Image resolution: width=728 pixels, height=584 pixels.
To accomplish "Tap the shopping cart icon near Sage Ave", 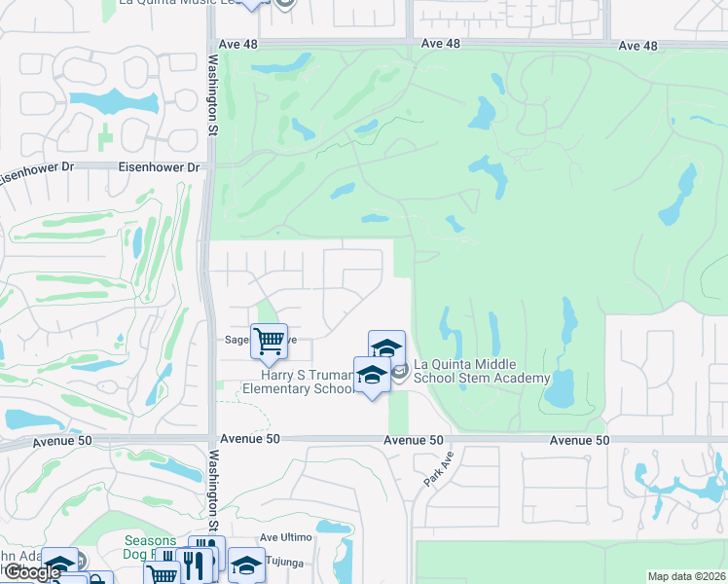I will pyautogui.click(x=269, y=341).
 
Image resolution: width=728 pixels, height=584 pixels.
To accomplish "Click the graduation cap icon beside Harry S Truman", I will pyautogui.click(x=373, y=375).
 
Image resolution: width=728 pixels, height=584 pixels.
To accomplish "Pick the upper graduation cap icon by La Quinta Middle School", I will pyautogui.click(x=386, y=347).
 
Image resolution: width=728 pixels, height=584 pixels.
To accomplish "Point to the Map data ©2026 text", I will pyautogui.click(x=686, y=576).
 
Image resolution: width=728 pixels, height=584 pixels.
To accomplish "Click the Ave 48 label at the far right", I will pyautogui.click(x=638, y=46).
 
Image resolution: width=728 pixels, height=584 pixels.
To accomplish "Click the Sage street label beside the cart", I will pyautogui.click(x=237, y=341).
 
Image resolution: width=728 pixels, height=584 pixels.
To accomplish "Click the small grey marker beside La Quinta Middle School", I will pyautogui.click(x=399, y=370).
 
